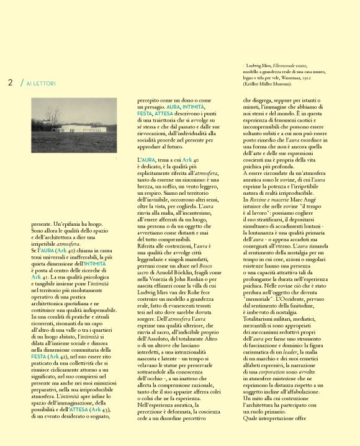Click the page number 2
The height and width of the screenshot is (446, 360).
(x=11, y=83)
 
